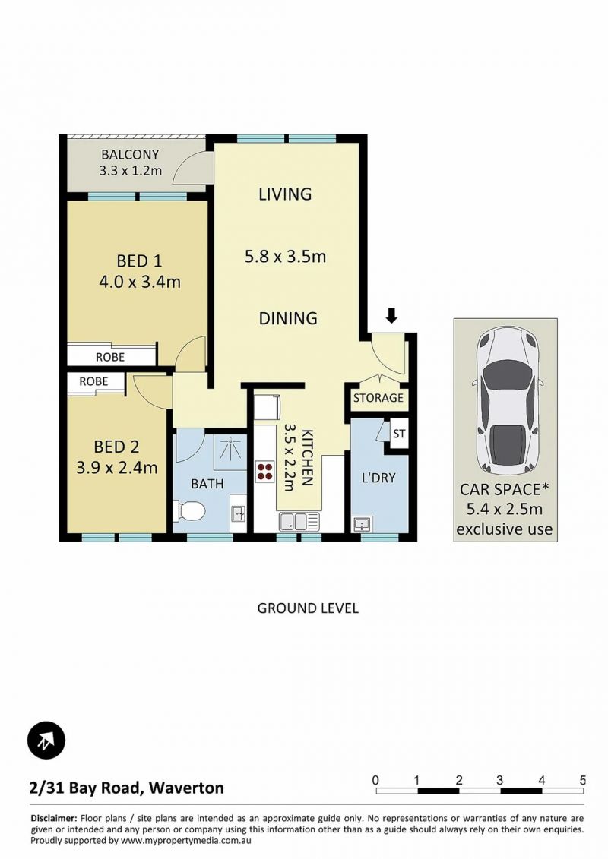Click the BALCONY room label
(130, 154)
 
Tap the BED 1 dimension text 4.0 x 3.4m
(140, 282)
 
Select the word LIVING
(285, 194)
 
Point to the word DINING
(288, 318)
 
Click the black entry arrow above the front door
(391, 315)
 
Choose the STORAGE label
(378, 398)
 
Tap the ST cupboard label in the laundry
(399, 434)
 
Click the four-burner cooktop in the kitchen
(264, 472)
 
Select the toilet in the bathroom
(188, 511)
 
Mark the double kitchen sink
(299, 522)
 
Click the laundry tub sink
(362, 524)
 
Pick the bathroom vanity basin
(239, 514)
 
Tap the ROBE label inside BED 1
(110, 357)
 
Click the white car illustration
(505, 400)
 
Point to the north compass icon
(46, 740)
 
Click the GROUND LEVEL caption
(308, 608)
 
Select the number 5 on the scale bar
(583, 780)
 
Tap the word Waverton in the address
(186, 788)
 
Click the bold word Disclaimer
(54, 819)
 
